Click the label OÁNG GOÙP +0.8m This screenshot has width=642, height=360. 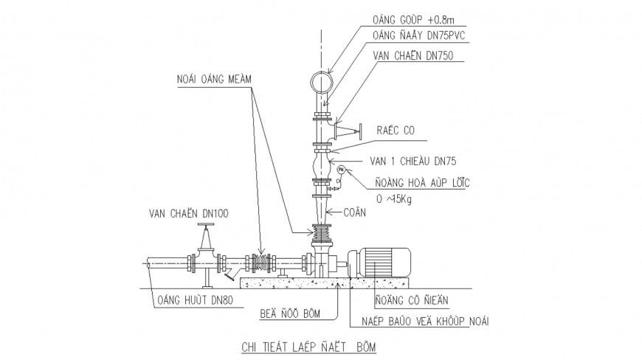point(413,21)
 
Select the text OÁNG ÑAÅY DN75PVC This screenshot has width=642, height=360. point(421,36)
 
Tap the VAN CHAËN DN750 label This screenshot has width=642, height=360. point(415,55)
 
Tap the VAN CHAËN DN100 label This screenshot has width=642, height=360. point(188,213)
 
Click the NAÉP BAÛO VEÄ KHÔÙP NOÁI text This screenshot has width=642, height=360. point(426,321)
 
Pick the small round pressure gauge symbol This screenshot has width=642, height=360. point(341,170)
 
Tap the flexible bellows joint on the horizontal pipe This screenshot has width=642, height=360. point(261,263)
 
